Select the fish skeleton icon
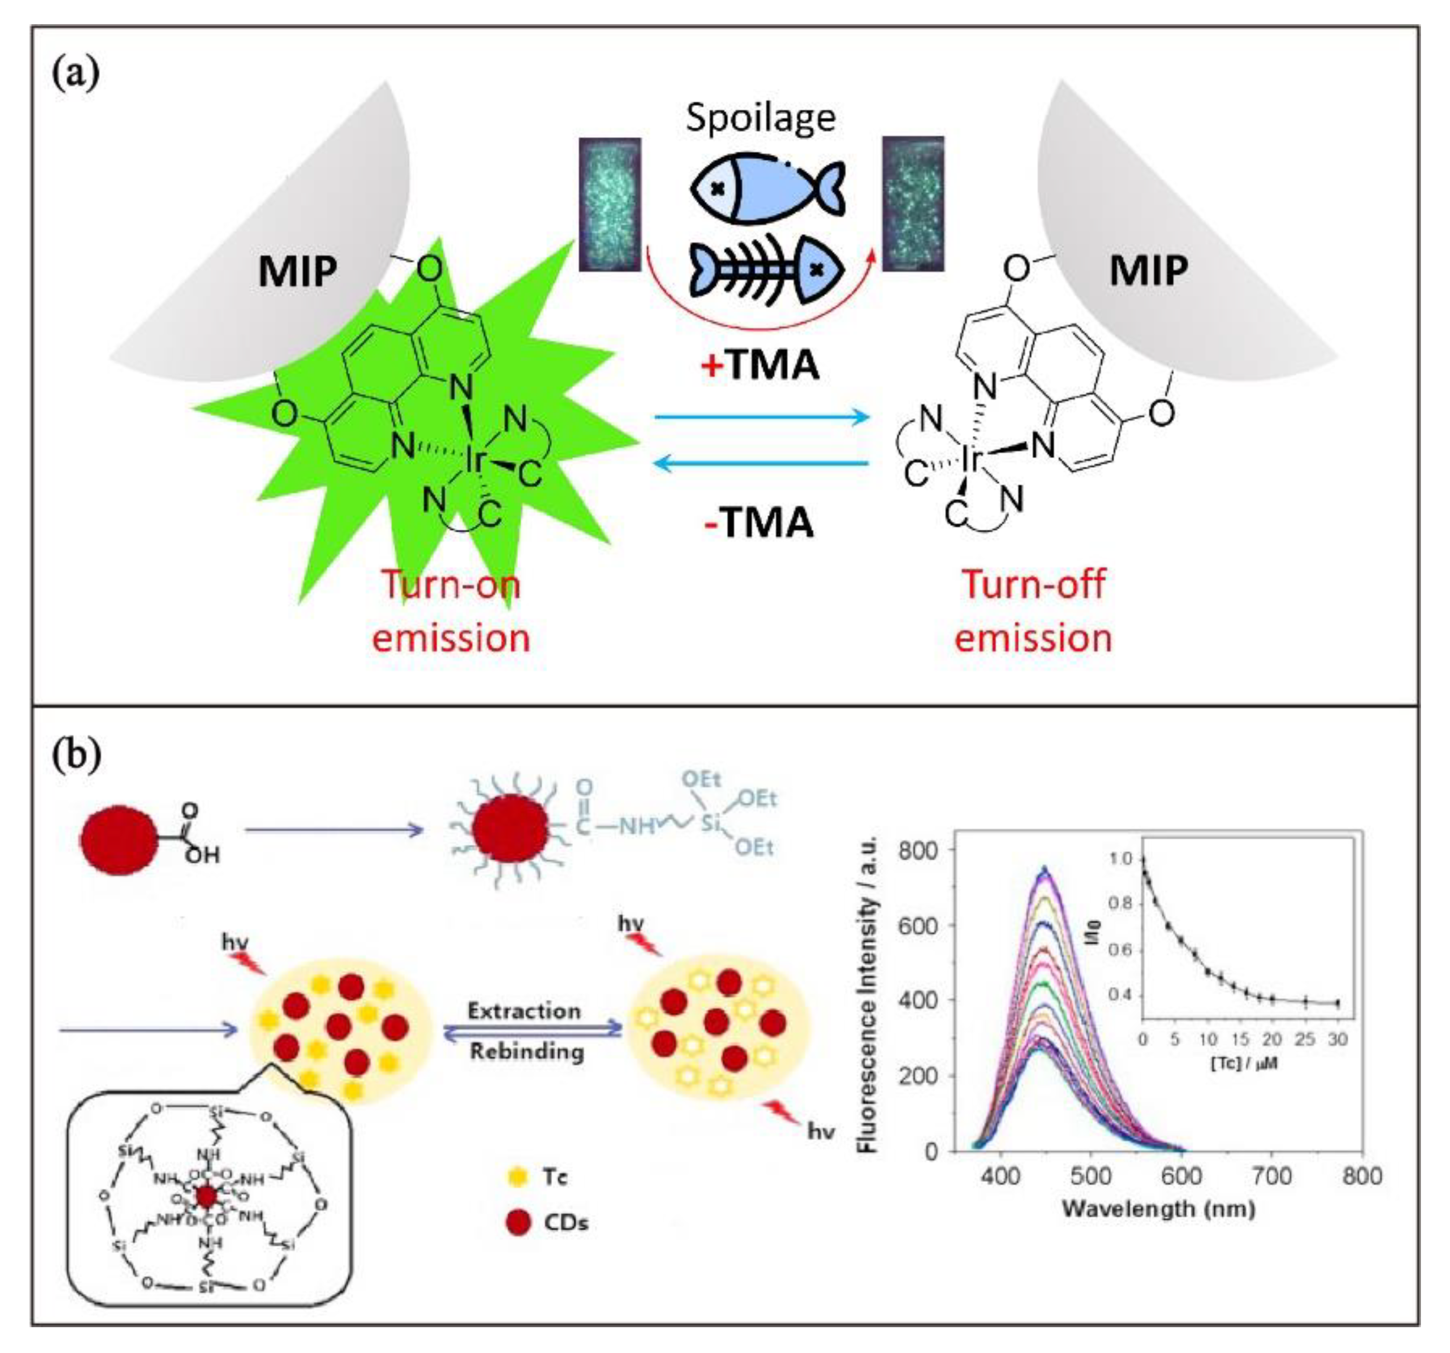(x=767, y=269)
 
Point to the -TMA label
(x=759, y=522)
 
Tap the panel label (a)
(x=76, y=74)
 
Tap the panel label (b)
(x=76, y=756)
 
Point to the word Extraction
(x=524, y=1011)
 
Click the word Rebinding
(x=527, y=1051)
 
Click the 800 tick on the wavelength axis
(x=1361, y=1177)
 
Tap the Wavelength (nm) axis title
(x=1158, y=1209)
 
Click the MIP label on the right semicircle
(x=1148, y=270)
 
